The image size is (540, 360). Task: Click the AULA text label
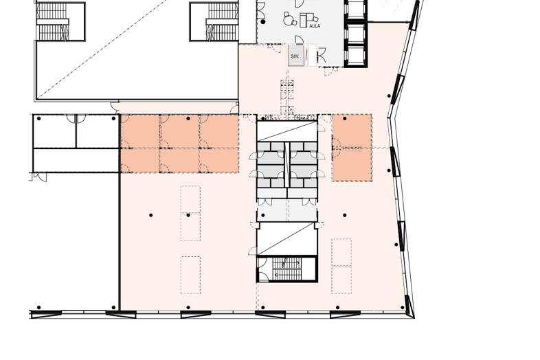pyautogui.click(x=315, y=26)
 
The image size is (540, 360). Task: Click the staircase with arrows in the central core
pyautogui.click(x=287, y=269)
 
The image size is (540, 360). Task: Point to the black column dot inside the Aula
pyautogui.click(x=263, y=22)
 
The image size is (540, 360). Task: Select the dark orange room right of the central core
pyautogui.click(x=352, y=148)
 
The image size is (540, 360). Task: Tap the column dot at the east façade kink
pyautogui.click(x=389, y=96)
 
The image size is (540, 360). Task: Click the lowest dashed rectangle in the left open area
pyautogui.click(x=190, y=275)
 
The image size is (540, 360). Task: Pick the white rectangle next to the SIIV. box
pyautogui.click(x=311, y=56)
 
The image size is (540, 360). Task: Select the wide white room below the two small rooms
pyautogui.click(x=76, y=160)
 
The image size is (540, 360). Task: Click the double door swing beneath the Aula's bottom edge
pyautogui.click(x=331, y=71)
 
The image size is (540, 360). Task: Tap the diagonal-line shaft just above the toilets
pyautogui.click(x=287, y=131)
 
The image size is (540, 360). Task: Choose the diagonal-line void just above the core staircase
pyautogui.click(x=287, y=238)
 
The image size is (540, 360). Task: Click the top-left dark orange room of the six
pyautogui.click(x=140, y=131)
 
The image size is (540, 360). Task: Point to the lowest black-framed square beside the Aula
pyautogui.click(x=356, y=56)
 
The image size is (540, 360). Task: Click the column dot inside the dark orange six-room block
pyautogui.click(x=188, y=118)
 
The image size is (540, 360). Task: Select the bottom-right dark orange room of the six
pyautogui.click(x=219, y=160)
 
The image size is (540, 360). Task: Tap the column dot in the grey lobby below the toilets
pyautogui.click(x=263, y=215)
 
